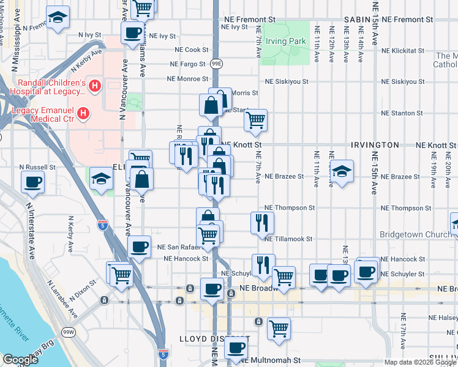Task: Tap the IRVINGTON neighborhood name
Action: point(375,145)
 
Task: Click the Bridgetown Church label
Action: point(415,234)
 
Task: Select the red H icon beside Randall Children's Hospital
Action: point(94,87)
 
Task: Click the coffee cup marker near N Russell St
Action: point(32,182)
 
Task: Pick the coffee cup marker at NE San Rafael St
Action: point(140,247)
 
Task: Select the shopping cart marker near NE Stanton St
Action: point(255,120)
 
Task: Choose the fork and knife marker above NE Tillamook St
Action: point(260,223)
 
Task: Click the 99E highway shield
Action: point(216,63)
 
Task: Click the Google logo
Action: point(20,359)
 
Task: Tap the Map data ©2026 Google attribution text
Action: point(419,362)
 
